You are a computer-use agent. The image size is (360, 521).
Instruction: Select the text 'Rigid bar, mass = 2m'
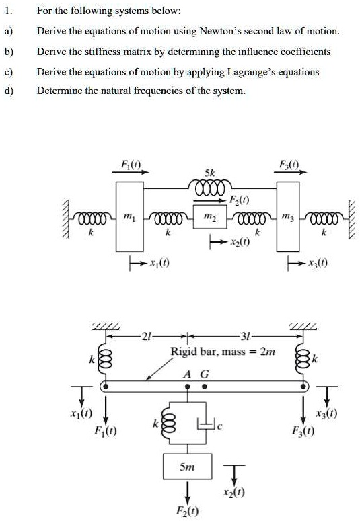[223, 351]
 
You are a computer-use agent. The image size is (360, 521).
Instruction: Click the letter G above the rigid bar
[205, 374]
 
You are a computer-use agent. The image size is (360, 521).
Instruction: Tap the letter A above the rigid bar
[190, 374]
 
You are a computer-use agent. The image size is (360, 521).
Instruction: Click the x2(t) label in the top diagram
[237, 241]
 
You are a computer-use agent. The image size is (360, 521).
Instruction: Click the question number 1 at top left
[9, 11]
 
